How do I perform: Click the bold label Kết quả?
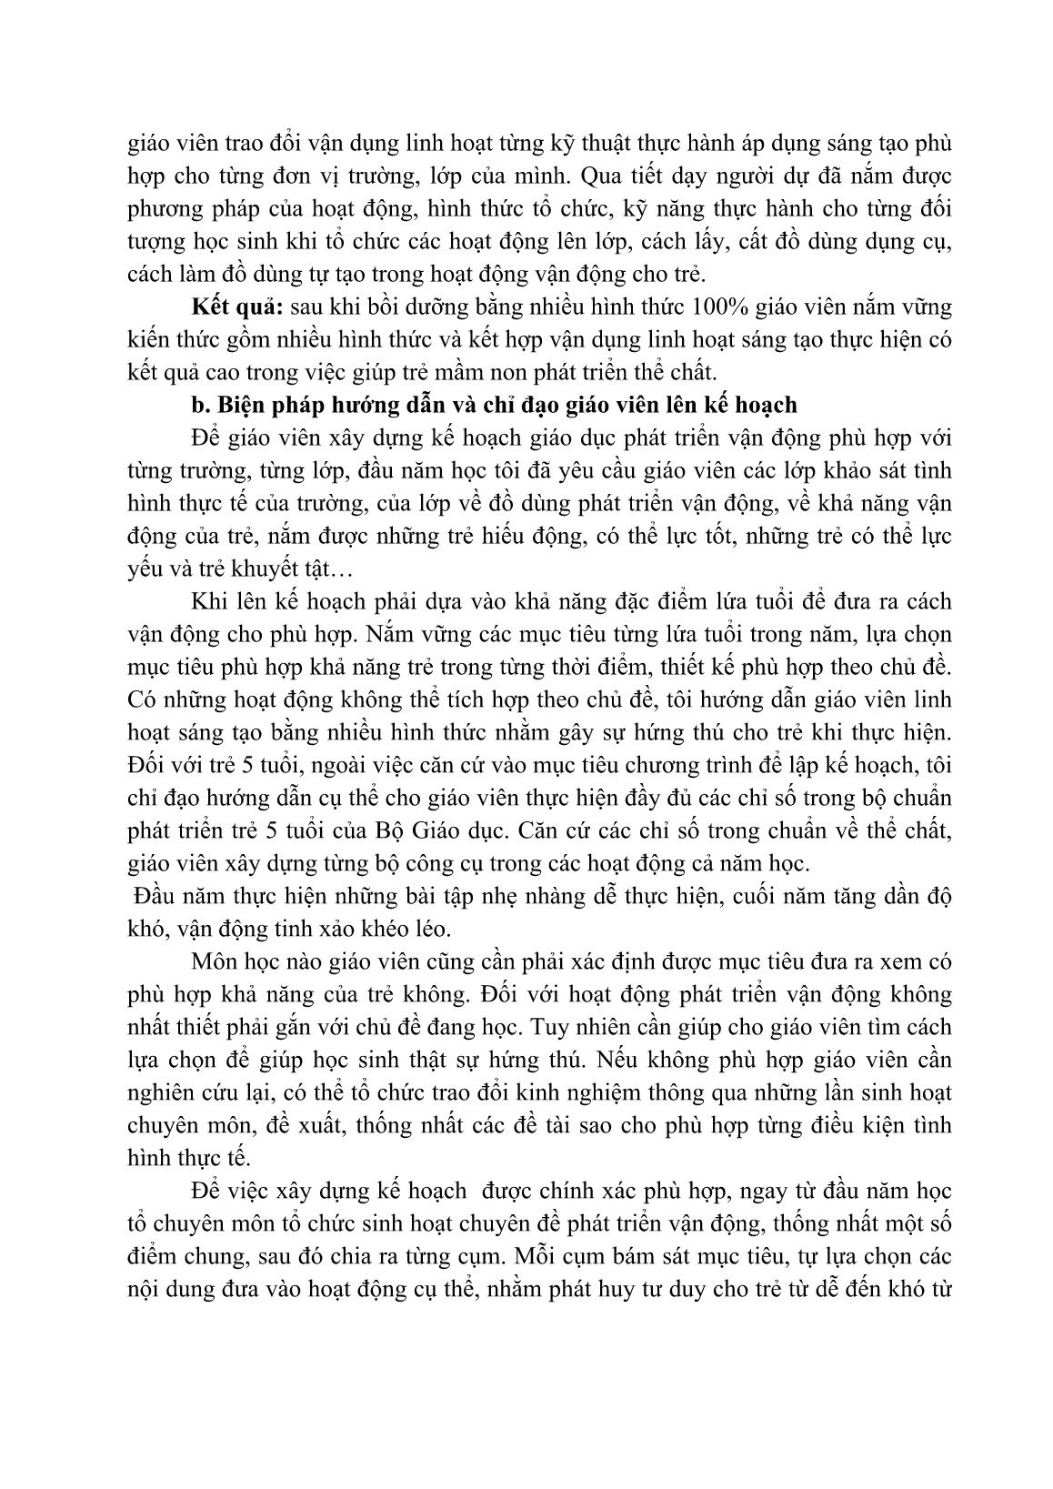[x=232, y=307]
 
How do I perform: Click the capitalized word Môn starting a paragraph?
[x=216, y=961]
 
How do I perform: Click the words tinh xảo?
[x=295, y=929]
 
